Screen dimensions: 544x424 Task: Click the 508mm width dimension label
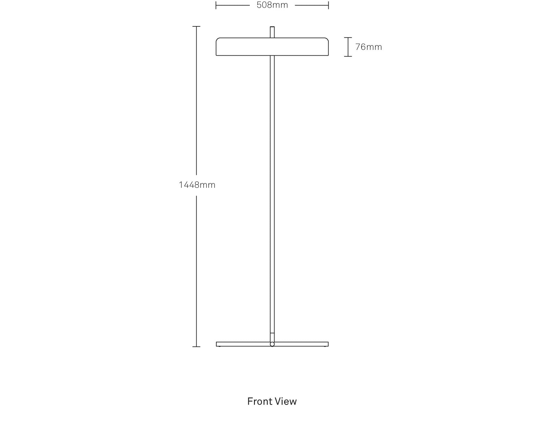click(272, 5)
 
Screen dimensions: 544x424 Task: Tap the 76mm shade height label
click(369, 47)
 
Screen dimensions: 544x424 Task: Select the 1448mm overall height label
click(197, 185)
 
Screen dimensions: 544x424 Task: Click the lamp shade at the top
click(272, 47)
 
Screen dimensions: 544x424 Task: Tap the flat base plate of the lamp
click(272, 344)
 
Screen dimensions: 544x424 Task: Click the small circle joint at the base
click(272, 344)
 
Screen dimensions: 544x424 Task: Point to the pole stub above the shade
click(272, 32)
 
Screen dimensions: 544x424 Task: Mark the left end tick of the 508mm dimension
click(216, 5)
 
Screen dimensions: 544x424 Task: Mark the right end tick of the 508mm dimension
click(328, 5)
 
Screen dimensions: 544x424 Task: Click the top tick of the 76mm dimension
click(348, 38)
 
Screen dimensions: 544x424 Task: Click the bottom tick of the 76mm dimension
click(348, 56)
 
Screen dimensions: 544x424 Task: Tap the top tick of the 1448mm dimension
click(196, 26)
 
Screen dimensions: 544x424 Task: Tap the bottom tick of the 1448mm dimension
click(196, 347)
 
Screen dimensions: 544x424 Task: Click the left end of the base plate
click(216, 344)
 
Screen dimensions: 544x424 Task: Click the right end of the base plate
click(328, 344)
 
